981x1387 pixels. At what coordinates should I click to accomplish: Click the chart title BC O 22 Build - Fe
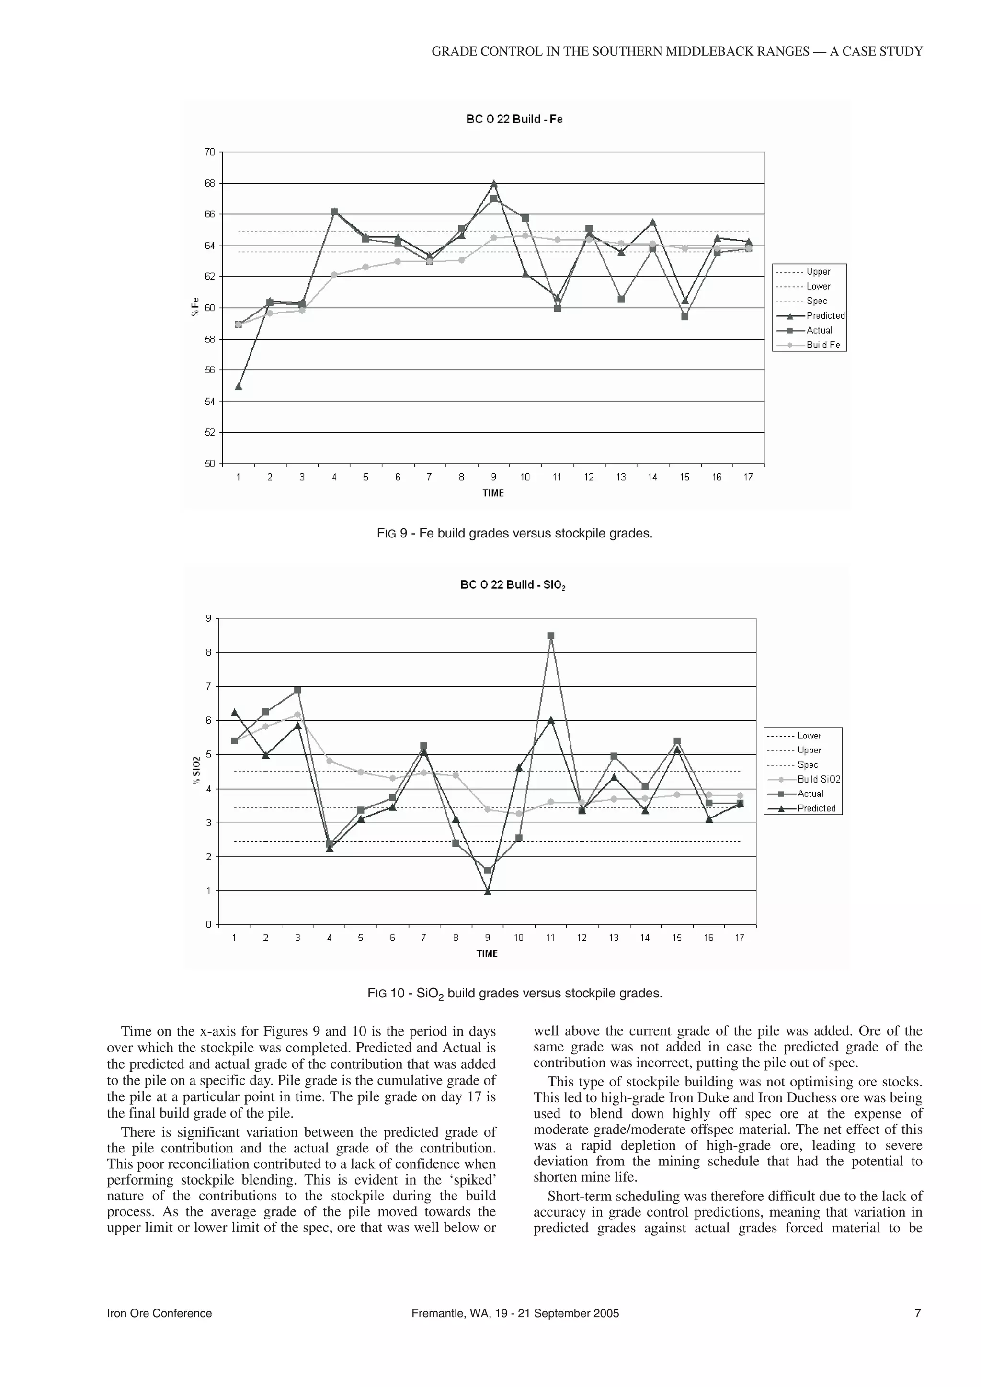(x=514, y=119)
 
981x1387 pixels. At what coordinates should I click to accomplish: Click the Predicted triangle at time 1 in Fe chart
(x=238, y=386)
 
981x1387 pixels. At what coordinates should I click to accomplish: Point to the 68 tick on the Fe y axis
(x=209, y=183)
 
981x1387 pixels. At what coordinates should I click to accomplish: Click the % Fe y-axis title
(x=195, y=307)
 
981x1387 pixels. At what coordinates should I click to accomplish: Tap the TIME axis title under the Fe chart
(x=492, y=493)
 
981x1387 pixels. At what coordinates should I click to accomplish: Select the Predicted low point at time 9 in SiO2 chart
(x=488, y=892)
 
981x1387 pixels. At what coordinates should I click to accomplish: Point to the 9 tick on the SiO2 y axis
(x=208, y=618)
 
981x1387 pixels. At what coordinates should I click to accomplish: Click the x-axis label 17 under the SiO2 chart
(x=739, y=938)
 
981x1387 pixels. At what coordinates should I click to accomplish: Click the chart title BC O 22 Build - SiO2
(x=513, y=585)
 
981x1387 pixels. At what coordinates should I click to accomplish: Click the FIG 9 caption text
(x=514, y=534)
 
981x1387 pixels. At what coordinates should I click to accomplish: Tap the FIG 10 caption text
(x=514, y=993)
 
